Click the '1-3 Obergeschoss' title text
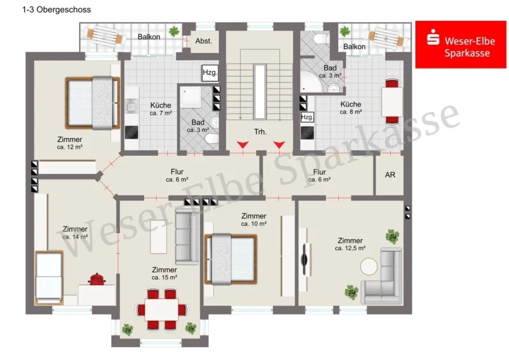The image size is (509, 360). coord(57,10)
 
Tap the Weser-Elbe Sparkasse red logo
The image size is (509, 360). coord(460,45)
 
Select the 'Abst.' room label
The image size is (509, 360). coord(204,41)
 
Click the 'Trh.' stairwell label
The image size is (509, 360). coord(260,132)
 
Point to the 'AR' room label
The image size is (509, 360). coord(390,175)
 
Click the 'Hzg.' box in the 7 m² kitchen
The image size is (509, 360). coord(210,72)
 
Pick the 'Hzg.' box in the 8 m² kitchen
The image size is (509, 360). coord(307,117)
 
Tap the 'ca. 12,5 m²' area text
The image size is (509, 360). coord(350,248)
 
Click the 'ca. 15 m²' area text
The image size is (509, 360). coord(164,277)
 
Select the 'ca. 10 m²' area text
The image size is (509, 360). coord(254,224)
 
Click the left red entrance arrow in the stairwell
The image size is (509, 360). coord(243,144)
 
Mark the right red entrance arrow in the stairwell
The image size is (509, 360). coord(279,144)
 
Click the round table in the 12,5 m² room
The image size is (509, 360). coord(369,267)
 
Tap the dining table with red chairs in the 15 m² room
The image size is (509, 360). coord(161,310)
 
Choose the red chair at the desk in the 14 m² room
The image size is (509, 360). coord(97,279)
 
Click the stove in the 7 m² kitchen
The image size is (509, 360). coord(131,132)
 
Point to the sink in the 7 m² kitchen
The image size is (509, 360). coord(131,106)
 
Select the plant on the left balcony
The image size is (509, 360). coord(174,31)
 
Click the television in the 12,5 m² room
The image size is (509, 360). coord(304,259)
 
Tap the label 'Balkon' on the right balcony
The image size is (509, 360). coord(354,47)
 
